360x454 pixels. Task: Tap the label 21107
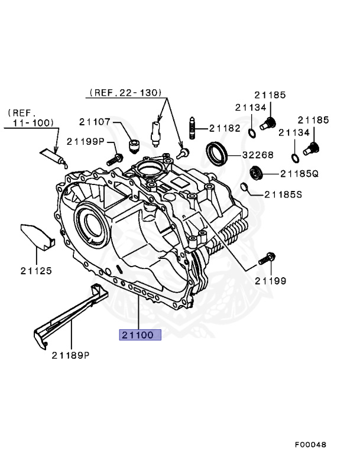click(95, 122)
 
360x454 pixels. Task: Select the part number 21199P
click(85, 141)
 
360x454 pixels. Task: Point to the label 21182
click(224, 128)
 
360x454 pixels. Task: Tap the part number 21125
click(35, 271)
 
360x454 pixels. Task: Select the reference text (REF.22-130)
click(125, 93)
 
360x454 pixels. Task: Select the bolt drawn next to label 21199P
click(115, 159)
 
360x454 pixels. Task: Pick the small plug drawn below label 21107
click(134, 145)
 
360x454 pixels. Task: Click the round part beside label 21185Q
click(256, 173)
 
